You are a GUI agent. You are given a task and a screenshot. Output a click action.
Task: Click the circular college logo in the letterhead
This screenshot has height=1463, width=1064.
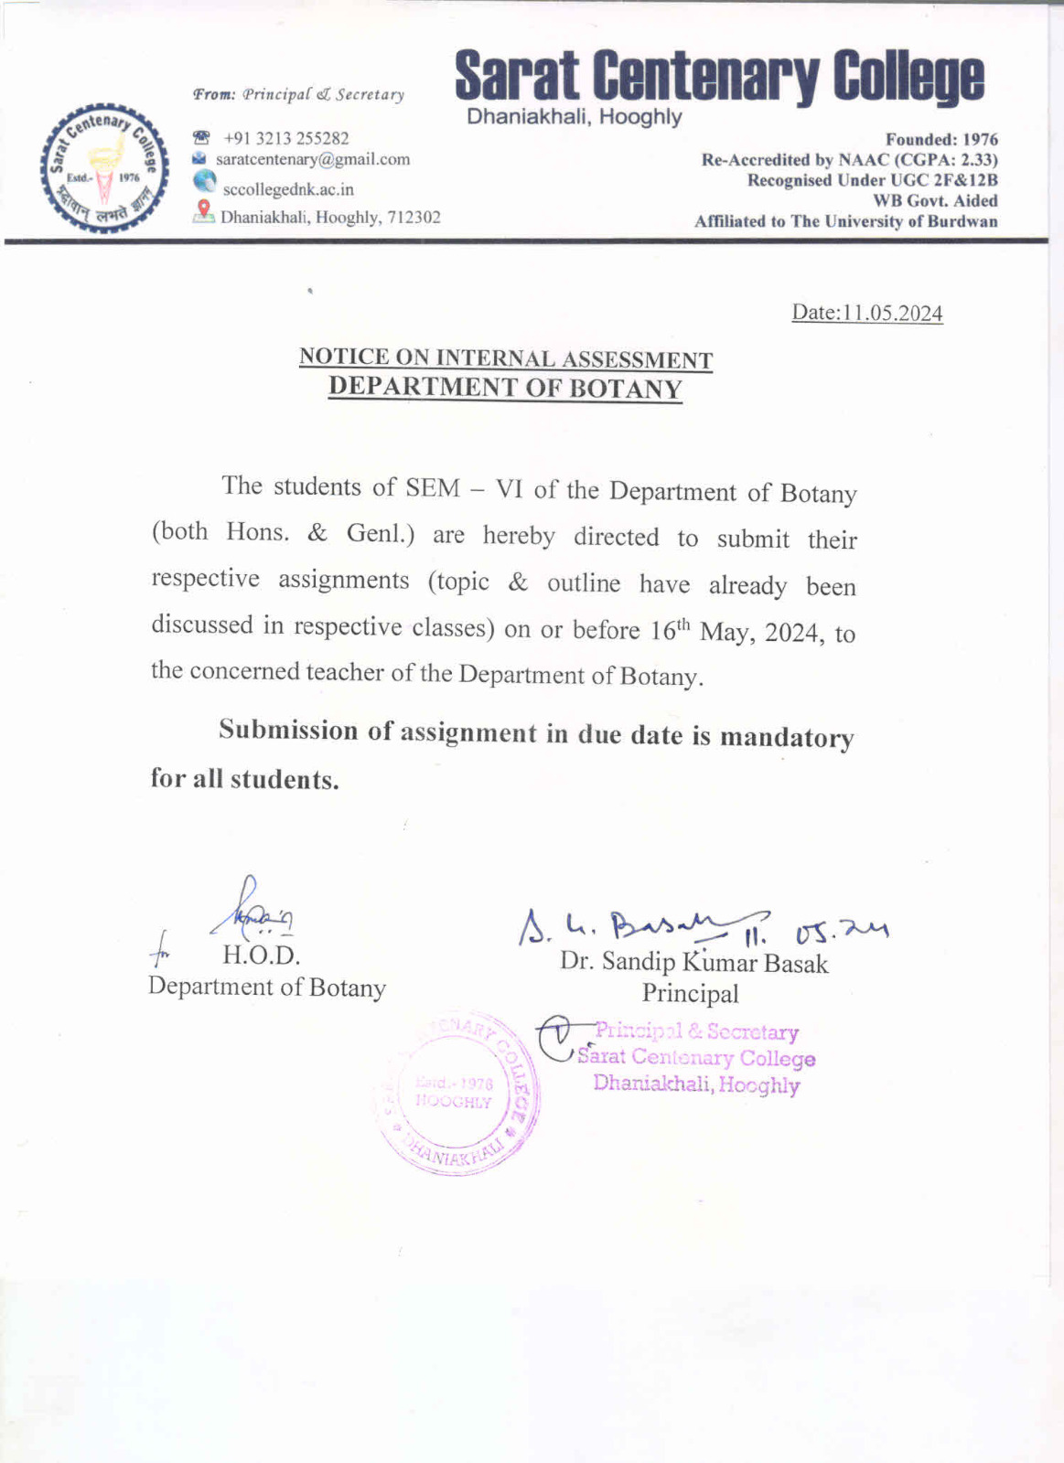pyautogui.click(x=103, y=169)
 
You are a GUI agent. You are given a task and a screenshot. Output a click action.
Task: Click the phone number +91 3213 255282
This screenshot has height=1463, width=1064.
pyautogui.click(x=286, y=138)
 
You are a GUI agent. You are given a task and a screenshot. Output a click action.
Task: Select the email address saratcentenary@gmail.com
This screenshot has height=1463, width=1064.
pyautogui.click(x=313, y=159)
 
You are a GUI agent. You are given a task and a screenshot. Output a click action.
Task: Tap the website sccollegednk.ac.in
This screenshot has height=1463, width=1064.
pyautogui.click(x=288, y=189)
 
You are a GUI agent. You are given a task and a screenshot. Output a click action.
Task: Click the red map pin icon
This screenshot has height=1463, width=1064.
pyautogui.click(x=204, y=211)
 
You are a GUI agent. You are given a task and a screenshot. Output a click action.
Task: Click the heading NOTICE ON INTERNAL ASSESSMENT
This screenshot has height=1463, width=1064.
pyautogui.click(x=505, y=358)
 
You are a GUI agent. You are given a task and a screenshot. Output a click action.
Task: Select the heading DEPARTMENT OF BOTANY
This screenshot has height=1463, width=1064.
pyautogui.click(x=505, y=388)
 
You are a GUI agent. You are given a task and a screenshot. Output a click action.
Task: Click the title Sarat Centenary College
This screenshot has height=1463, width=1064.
pyautogui.click(x=719, y=78)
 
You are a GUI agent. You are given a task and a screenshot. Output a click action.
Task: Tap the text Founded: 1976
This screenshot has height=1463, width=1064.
pyautogui.click(x=941, y=140)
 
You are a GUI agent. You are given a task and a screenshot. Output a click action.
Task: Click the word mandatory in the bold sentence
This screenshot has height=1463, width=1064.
pyautogui.click(x=787, y=737)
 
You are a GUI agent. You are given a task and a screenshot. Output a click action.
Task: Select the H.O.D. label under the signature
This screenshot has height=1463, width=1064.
pyautogui.click(x=261, y=956)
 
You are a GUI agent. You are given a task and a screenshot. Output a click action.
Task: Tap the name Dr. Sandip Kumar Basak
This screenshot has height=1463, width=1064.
pyautogui.click(x=694, y=962)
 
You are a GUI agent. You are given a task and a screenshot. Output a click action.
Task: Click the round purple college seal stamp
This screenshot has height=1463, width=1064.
pyautogui.click(x=457, y=1093)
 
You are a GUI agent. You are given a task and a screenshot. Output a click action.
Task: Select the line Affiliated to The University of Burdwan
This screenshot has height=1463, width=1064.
pyautogui.click(x=845, y=221)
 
